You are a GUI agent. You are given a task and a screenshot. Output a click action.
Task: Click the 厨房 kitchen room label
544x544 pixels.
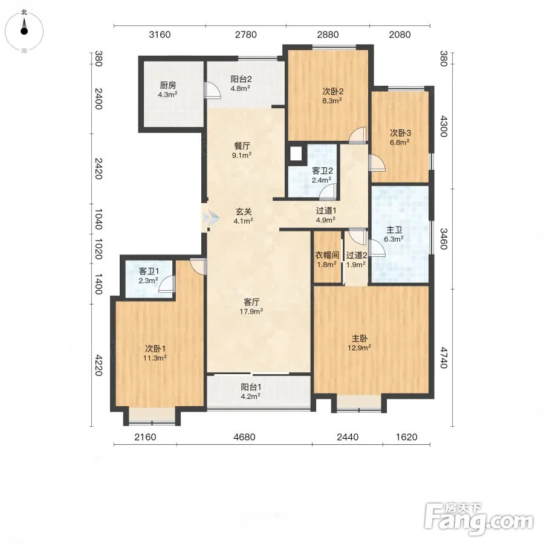[x=168, y=89]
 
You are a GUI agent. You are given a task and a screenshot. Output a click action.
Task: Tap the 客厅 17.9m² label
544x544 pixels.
[x=251, y=306]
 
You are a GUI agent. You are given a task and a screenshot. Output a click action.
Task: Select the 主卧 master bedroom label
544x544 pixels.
[x=360, y=343]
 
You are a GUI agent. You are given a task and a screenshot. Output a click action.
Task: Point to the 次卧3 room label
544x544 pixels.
[x=400, y=137]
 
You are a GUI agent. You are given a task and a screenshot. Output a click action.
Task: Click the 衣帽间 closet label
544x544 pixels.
[x=327, y=259]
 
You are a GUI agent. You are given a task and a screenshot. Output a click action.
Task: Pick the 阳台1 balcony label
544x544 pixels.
[x=251, y=391]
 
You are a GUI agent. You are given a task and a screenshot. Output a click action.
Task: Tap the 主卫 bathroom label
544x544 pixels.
[x=393, y=234]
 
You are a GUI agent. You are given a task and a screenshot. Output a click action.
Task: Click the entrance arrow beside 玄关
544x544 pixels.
[x=212, y=218]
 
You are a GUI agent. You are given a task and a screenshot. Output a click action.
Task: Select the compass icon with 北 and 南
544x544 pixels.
[x=24, y=31]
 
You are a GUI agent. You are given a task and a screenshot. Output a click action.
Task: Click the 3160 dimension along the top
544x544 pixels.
[x=160, y=34]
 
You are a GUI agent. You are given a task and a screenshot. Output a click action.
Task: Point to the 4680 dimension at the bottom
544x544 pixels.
[x=244, y=437]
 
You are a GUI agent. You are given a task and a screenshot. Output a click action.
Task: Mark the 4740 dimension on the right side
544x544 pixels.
[x=444, y=357]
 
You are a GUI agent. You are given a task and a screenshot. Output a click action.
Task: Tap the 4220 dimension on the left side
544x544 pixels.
[x=99, y=365]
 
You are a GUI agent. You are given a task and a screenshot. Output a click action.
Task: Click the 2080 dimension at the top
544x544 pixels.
[x=400, y=34]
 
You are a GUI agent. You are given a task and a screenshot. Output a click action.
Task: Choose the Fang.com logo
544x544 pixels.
[x=479, y=519]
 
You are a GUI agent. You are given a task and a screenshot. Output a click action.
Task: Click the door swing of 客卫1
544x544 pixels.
[x=167, y=284]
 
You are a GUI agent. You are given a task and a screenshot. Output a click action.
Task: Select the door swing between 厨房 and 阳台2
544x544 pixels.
[x=212, y=90]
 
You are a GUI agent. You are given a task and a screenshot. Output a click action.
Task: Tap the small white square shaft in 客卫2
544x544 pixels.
[x=296, y=154]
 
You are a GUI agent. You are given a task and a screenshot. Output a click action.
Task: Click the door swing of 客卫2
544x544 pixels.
[x=328, y=192]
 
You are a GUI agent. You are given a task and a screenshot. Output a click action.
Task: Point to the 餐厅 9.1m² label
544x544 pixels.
[x=242, y=151]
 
